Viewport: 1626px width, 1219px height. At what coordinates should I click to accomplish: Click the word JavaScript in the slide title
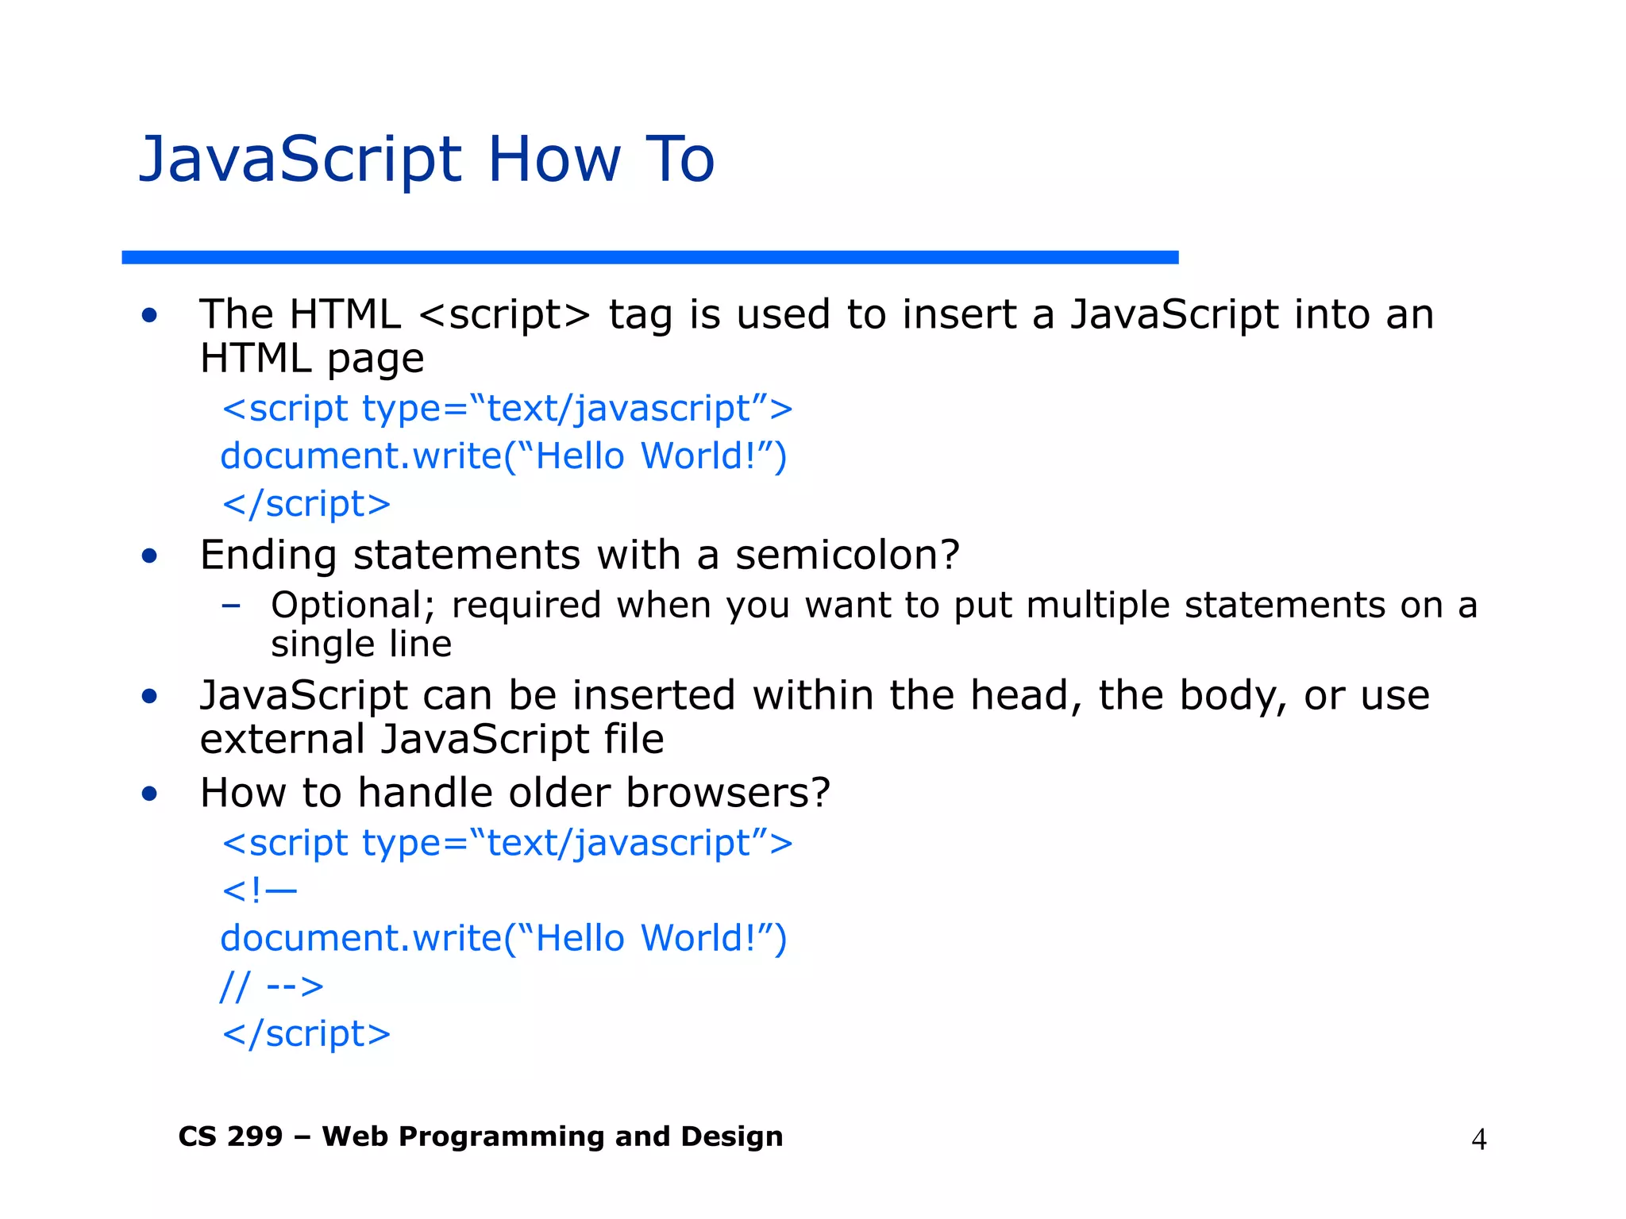[300, 160]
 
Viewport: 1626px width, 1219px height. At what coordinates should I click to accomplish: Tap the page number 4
[1478, 1140]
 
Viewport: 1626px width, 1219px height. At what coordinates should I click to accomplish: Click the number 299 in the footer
[254, 1136]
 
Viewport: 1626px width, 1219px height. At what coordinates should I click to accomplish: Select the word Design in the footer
[731, 1136]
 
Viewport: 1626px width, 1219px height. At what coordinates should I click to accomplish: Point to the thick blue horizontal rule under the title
[649, 257]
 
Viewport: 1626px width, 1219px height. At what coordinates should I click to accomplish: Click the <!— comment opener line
[260, 890]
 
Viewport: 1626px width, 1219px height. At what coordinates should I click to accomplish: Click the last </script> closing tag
[306, 1034]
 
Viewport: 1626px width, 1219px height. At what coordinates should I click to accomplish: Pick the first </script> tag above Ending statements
[306, 504]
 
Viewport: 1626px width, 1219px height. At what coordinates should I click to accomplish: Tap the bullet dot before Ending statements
[149, 556]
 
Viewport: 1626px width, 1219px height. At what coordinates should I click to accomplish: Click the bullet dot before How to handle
[149, 794]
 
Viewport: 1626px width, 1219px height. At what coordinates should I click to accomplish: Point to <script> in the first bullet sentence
[504, 315]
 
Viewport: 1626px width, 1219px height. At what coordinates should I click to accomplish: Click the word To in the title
[680, 160]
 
